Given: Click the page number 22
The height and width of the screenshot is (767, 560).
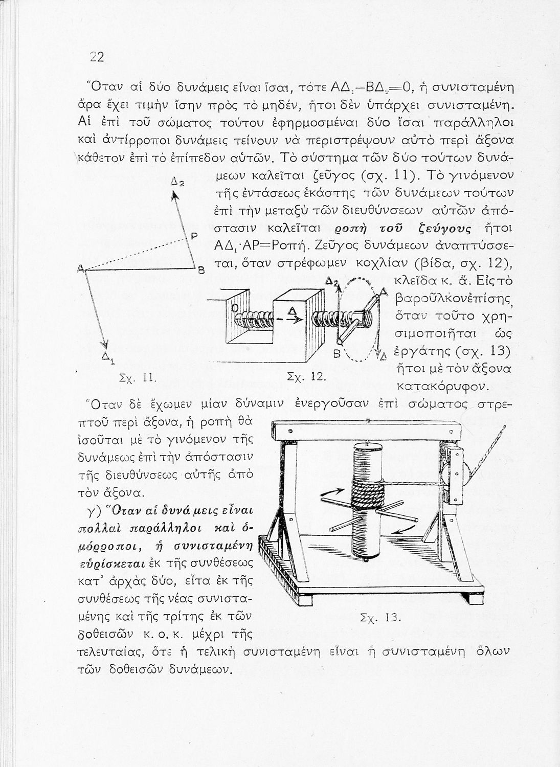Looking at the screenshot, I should [x=97, y=57].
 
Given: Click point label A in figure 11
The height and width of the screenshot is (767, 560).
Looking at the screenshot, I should [x=80, y=268].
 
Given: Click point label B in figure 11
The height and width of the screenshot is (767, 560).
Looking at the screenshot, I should [x=201, y=269].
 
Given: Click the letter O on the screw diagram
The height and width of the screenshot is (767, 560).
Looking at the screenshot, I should [x=235, y=308].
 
